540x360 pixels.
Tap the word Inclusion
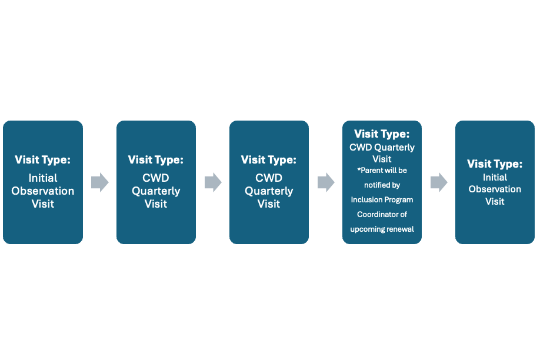point(366,200)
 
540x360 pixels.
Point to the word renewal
point(399,229)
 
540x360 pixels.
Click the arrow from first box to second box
point(100,182)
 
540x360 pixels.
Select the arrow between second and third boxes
point(213,182)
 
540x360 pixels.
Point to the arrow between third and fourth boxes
point(326,182)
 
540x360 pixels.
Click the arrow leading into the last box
point(439,182)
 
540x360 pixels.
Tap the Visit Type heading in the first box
point(42,160)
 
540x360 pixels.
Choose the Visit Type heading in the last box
point(495,164)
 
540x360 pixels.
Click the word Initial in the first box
point(43,178)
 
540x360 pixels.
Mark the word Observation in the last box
point(495,189)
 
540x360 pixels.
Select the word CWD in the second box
point(156,178)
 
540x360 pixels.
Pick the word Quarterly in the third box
point(269,191)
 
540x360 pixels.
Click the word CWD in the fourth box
point(361,148)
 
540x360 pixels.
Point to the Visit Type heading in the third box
point(269,160)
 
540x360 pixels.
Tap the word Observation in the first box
point(43,191)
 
